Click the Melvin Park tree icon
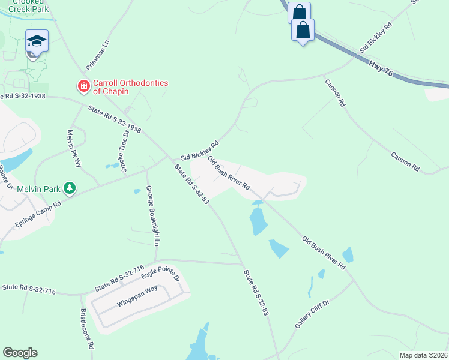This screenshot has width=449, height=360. [x=70, y=188]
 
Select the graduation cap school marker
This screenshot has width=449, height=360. [x=37, y=41]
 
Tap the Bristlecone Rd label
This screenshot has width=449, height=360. [x=87, y=329]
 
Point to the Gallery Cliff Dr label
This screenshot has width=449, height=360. [x=312, y=315]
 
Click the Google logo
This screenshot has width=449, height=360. [x=20, y=353]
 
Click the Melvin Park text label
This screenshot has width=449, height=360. [x=38, y=189]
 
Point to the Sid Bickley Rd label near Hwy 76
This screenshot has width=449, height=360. [x=376, y=37]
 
